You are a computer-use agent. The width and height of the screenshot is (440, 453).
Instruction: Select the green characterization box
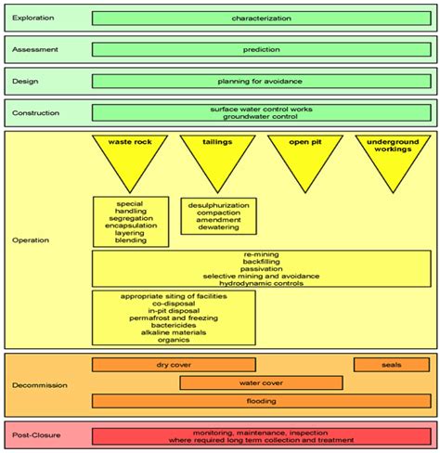pos(261,18)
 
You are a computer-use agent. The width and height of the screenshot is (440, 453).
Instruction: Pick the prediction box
pos(261,49)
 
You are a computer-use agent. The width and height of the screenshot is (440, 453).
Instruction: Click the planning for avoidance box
pos(261,81)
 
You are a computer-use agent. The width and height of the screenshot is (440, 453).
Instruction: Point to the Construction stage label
pos(34,113)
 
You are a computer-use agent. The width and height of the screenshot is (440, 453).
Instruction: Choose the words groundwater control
pos(261,117)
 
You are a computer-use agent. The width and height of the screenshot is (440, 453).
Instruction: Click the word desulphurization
pos(217,204)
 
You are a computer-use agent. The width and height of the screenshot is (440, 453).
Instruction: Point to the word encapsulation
pos(130,226)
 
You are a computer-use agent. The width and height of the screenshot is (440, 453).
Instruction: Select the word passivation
pos(261,268)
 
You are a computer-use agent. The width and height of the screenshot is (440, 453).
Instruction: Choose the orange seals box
pos(392,365)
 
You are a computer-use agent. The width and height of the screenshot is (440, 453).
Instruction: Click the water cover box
pos(261,382)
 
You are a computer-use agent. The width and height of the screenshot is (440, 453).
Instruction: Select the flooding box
pos(261,401)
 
